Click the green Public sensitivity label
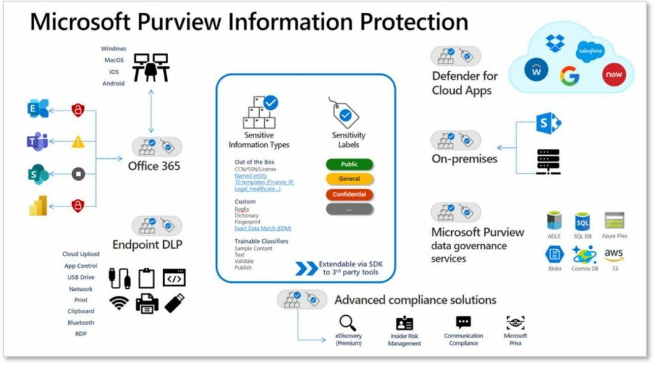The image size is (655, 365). pyautogui.click(x=350, y=164)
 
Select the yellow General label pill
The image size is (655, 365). pyautogui.click(x=350, y=179)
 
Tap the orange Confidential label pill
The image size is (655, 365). pyautogui.click(x=350, y=194)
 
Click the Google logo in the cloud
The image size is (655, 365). pyautogui.click(x=569, y=75)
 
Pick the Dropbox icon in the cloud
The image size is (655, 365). pyautogui.click(x=555, y=43)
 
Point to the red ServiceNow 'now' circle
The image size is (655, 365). pyautogui.click(x=612, y=75)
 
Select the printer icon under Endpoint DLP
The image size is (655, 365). pyautogui.click(x=147, y=302)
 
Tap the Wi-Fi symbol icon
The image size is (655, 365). pyautogui.click(x=119, y=303)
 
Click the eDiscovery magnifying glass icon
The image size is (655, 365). pyautogui.click(x=348, y=322)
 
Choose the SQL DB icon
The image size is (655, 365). pyautogui.click(x=583, y=221)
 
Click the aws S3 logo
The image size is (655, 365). pyautogui.click(x=613, y=255)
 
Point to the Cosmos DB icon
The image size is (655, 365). pyautogui.click(x=584, y=255)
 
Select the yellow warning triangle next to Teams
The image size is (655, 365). pyautogui.click(x=78, y=142)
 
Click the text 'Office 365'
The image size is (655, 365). pyautogui.click(x=154, y=166)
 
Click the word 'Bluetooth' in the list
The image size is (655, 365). pyautogui.click(x=81, y=323)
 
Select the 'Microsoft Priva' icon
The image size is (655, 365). pyautogui.click(x=516, y=322)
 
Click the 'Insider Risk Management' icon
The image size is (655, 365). pyautogui.click(x=404, y=323)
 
